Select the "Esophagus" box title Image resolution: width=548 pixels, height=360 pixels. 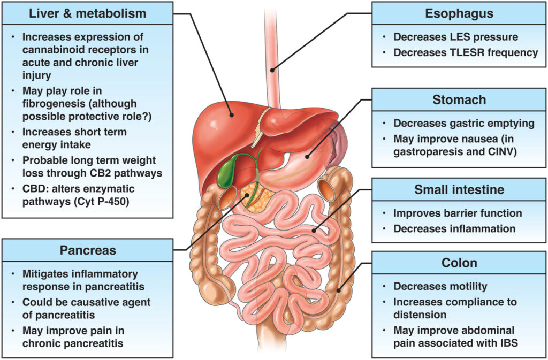click(459, 13)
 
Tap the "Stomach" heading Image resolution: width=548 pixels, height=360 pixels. click(459, 100)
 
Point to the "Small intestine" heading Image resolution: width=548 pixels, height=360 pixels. click(459, 190)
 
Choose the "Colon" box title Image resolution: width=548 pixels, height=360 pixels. click(459, 263)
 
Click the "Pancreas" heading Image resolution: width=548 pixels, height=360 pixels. click(87, 250)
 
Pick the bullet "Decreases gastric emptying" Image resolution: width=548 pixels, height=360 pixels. click(463, 124)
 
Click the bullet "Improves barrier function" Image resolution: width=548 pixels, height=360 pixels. click(458, 213)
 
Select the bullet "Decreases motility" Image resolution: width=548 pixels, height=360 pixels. click(440, 286)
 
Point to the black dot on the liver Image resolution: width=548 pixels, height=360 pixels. click(231, 114)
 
